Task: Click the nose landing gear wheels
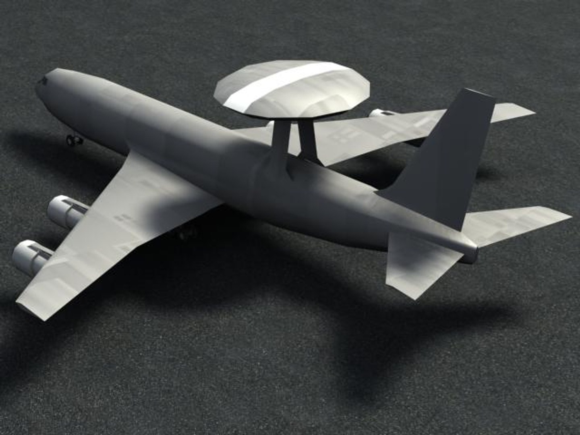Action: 74,140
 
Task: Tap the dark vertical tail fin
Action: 447,161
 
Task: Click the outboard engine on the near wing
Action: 30,256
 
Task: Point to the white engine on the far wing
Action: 381,114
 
